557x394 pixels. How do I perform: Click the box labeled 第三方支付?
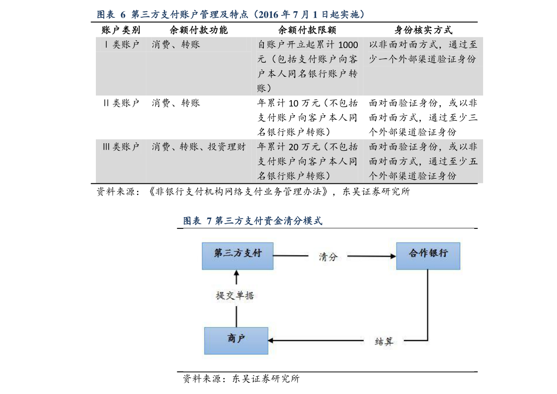click(x=238, y=256)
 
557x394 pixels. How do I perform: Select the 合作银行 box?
click(x=428, y=256)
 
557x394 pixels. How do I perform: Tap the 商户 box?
click(x=236, y=340)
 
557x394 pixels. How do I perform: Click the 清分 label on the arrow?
click(x=328, y=256)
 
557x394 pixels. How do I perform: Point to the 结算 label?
click(x=384, y=341)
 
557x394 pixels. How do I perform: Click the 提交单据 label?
click(x=235, y=296)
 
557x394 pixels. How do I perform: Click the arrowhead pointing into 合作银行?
click(x=393, y=256)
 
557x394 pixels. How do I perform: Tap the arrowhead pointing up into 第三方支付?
click(x=237, y=273)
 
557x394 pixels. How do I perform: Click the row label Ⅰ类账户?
click(x=122, y=45)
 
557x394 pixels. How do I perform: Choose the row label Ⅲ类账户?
click(x=121, y=147)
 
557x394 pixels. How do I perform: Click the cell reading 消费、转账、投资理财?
click(x=199, y=147)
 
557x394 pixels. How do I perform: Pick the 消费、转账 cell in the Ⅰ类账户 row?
click(x=176, y=45)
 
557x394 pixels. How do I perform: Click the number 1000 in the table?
click(x=347, y=45)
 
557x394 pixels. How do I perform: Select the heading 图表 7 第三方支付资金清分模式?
click(x=253, y=221)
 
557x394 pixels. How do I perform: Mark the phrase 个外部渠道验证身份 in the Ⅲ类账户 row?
click(x=412, y=176)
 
